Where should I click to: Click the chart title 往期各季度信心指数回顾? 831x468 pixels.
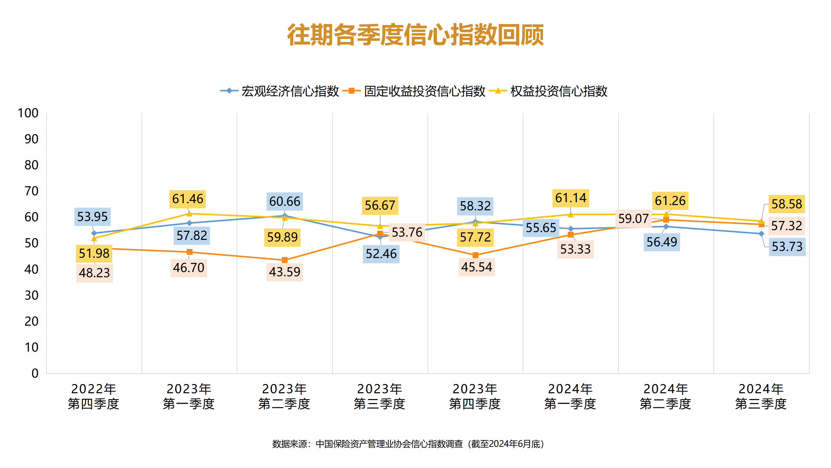coord(415,35)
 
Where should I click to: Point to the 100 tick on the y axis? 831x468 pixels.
coord(28,113)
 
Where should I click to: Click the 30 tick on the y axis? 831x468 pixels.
coord(31,295)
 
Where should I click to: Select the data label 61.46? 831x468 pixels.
coord(188,199)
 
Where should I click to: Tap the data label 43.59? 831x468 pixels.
coord(285,272)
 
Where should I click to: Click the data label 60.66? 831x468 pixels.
coord(285,201)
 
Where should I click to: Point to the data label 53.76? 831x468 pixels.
coord(407,232)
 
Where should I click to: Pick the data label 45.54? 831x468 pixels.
coord(477,267)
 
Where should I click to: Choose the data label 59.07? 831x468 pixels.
coord(633,219)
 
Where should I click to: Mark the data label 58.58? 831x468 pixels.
coord(787,204)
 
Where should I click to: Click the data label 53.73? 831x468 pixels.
coord(787,247)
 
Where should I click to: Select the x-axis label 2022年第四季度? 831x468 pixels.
coord(93,396)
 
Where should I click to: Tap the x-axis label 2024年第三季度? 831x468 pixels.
coord(761,396)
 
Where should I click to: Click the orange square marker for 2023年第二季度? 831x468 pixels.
coord(285,260)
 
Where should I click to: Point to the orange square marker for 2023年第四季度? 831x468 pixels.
coord(476,255)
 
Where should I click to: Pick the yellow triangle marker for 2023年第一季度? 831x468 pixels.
coord(189,214)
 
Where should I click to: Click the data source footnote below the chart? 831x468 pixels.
coord(408,444)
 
